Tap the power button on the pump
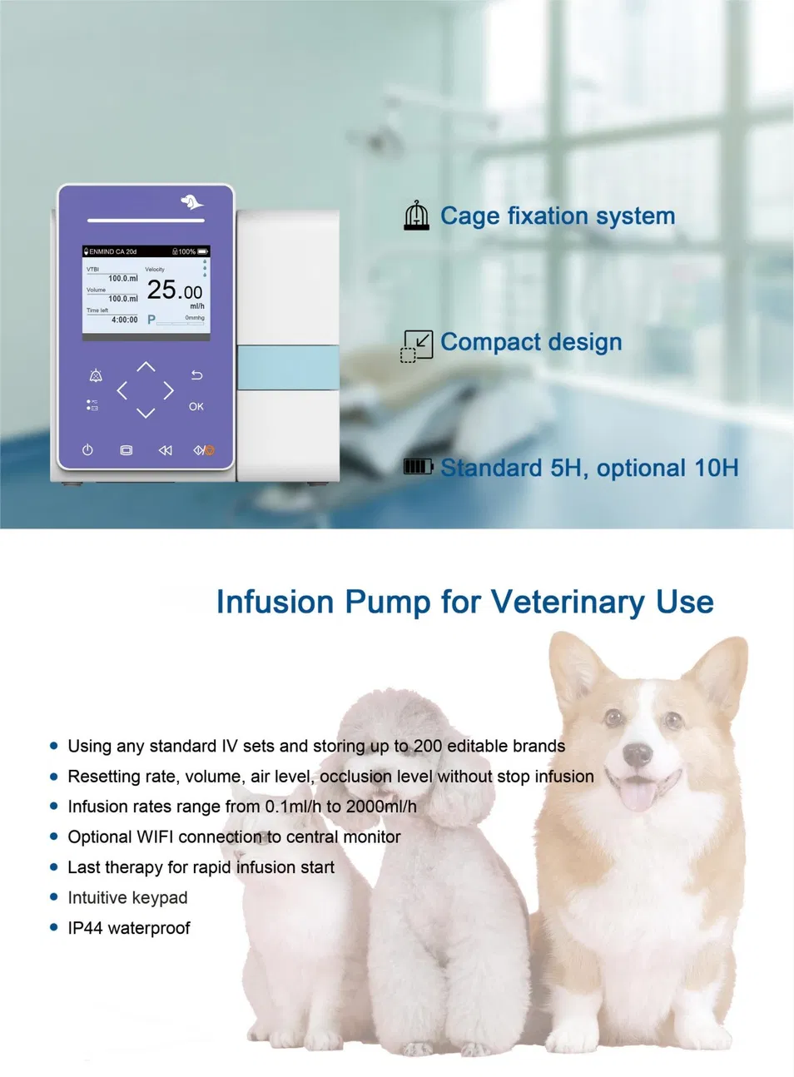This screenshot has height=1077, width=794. coord(87,450)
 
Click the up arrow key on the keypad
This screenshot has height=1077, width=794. coord(146,366)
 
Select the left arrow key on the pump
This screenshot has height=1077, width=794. coord(122,390)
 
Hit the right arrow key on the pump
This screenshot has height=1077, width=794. coord(169,390)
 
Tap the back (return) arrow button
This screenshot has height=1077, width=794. coord(196,375)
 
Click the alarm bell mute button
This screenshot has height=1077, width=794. coord(96,376)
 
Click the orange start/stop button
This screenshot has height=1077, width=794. coord(205,450)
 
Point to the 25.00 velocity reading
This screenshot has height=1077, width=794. coord(174,290)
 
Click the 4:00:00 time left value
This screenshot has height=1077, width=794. coord(125,320)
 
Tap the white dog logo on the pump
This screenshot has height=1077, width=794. coord(192,201)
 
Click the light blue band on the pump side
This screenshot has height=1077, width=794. coord(288,367)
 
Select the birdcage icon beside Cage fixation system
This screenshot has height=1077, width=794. coord(416,216)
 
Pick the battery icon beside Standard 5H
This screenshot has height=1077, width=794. coord(418,467)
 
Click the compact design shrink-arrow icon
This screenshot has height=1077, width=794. coord(416,345)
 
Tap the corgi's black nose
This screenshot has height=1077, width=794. coord(638,754)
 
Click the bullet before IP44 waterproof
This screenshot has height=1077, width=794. coord(54,927)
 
